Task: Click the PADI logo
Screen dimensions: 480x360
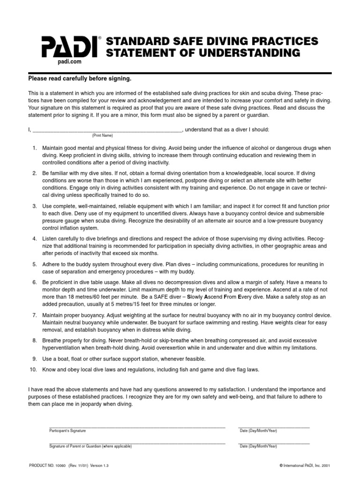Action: point(70,47)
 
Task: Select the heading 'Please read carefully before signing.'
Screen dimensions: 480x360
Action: point(80,79)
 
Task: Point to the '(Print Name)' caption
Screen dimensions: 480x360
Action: point(103,135)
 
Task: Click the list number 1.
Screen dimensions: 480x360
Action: point(34,148)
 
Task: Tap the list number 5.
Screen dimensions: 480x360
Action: point(34,264)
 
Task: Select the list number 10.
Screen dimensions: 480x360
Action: point(33,369)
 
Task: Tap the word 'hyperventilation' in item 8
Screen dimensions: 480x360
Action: point(63,348)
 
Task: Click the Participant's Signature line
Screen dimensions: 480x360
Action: point(137,427)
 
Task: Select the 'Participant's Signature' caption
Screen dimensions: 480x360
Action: point(67,431)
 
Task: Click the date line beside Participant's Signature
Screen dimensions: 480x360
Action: point(274,427)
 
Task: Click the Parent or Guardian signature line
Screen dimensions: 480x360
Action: point(137,442)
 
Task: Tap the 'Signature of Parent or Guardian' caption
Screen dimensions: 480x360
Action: point(90,446)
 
